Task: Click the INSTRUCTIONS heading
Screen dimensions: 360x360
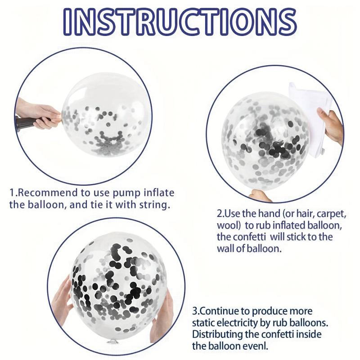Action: pyautogui.click(x=180, y=22)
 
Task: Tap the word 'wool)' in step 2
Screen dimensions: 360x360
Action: pyautogui.click(x=229, y=225)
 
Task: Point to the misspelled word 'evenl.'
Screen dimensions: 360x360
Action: pyautogui.click(x=253, y=346)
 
